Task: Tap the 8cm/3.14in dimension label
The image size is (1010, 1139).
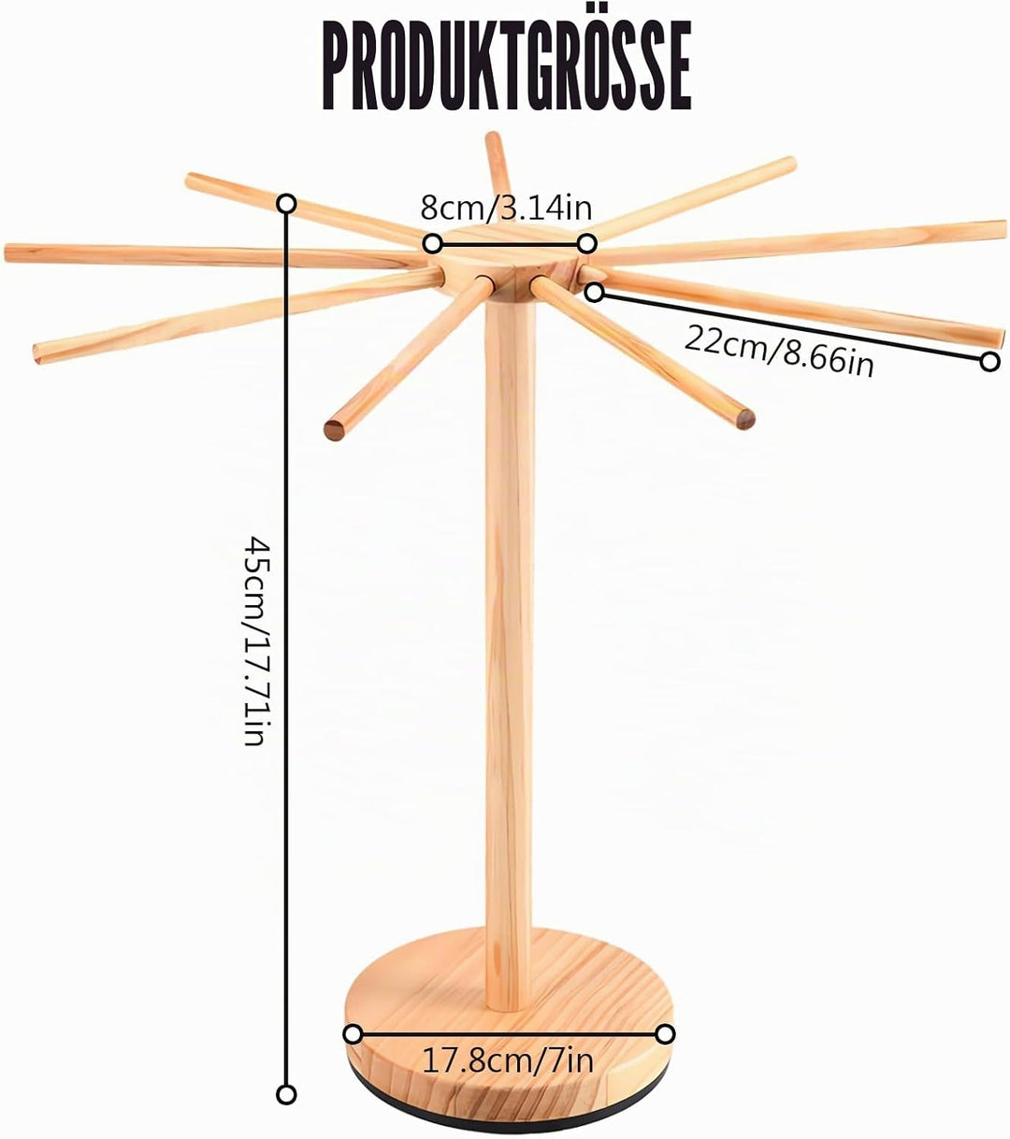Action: coord(506,208)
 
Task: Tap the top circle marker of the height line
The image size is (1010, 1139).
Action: coord(287,203)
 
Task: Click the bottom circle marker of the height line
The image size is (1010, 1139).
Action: coord(287,1095)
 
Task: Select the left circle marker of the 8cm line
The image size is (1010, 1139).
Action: coord(431,244)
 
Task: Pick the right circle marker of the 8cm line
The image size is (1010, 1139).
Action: coord(586,244)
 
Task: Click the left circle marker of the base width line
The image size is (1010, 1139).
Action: coord(353,1034)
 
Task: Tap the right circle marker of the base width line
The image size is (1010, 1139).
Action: coord(666,1034)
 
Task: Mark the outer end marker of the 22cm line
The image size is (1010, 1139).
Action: coord(989,361)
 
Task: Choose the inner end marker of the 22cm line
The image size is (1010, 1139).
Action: coord(595,292)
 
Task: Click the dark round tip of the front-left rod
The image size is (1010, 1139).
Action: coord(334,430)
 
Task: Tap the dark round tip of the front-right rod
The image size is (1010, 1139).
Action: coord(745,419)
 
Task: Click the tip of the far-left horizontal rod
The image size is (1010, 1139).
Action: coord(7,253)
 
